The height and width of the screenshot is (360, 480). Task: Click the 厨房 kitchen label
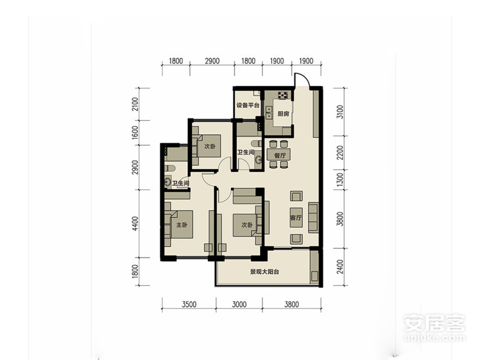click(x=283, y=114)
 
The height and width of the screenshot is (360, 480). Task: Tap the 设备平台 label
click(x=248, y=105)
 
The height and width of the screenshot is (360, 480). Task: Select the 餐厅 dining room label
click(x=280, y=155)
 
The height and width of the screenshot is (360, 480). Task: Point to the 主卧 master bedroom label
click(x=181, y=225)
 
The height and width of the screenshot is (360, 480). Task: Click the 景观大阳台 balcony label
click(x=264, y=271)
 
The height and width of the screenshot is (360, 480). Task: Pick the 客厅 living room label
click(x=296, y=218)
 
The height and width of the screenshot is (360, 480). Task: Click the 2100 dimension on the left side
click(x=135, y=104)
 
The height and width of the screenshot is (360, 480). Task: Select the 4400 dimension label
click(x=135, y=223)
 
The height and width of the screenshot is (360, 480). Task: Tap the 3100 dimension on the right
click(x=340, y=112)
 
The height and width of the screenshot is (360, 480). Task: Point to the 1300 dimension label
click(x=340, y=180)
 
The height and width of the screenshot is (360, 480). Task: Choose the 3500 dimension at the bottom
click(x=189, y=304)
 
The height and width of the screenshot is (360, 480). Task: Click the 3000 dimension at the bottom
click(x=239, y=304)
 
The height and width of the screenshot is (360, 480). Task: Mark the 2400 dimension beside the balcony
click(x=340, y=267)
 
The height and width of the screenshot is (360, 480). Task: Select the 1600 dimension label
click(x=135, y=133)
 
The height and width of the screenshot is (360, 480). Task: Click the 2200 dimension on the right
click(x=340, y=152)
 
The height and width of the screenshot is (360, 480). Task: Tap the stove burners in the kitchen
click(x=283, y=95)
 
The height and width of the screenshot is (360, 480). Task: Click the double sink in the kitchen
click(x=269, y=112)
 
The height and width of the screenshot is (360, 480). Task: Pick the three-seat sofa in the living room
click(x=313, y=217)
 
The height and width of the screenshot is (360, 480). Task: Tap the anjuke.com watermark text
click(x=434, y=337)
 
